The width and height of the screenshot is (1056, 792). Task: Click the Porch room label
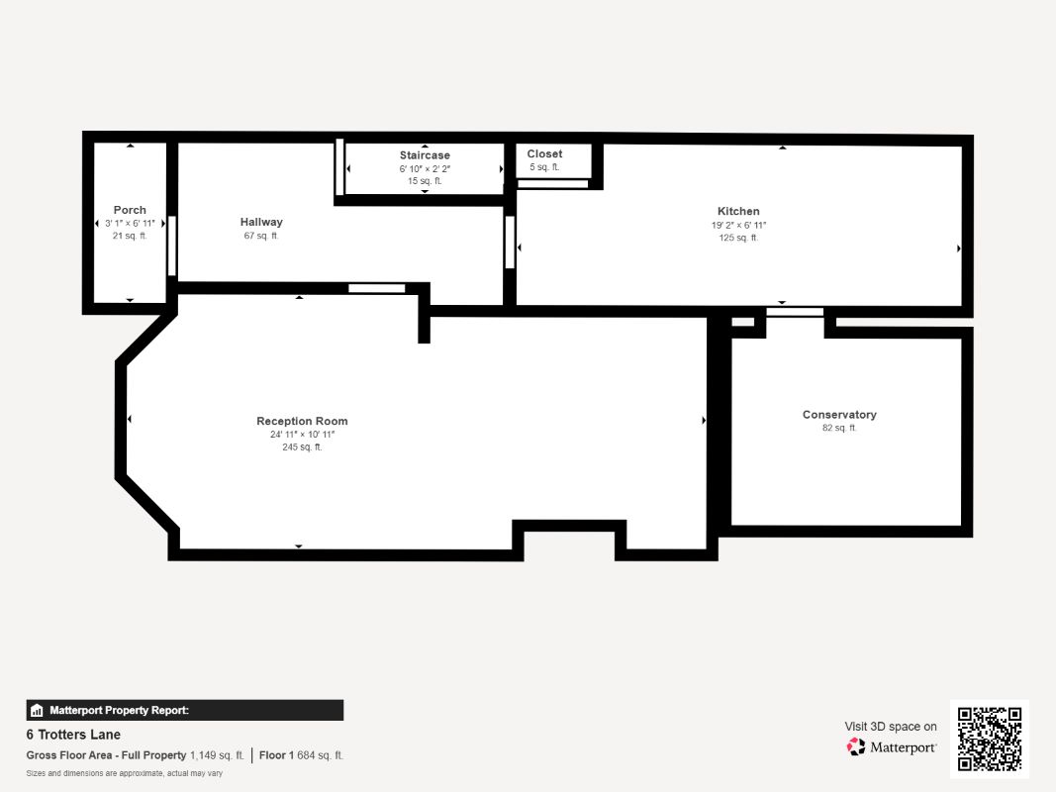(130, 210)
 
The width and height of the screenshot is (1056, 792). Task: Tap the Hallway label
(261, 222)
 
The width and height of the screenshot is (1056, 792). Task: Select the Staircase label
(425, 155)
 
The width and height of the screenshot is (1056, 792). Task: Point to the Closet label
(544, 154)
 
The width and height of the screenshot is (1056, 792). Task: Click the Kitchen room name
(738, 212)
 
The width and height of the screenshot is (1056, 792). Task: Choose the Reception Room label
(302, 421)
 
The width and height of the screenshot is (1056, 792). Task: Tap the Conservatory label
(839, 415)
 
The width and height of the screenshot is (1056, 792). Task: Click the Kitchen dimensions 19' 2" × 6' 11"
(738, 226)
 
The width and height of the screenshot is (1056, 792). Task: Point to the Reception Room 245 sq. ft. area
(302, 447)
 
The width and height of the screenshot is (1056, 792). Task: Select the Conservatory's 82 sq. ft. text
(839, 428)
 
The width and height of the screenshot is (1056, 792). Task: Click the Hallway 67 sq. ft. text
(261, 236)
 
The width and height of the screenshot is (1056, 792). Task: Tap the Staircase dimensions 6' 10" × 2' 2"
(425, 169)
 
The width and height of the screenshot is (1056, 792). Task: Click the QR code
(990, 739)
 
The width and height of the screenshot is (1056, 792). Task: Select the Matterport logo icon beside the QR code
(856, 746)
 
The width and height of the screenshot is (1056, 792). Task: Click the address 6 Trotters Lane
(73, 735)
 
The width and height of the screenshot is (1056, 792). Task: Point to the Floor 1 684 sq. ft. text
(301, 755)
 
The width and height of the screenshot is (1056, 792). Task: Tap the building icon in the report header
(37, 711)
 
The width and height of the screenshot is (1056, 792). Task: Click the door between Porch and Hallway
(172, 246)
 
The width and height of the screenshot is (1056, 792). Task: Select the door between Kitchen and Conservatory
(795, 312)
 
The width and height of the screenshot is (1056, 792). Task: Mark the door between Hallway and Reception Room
(376, 288)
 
